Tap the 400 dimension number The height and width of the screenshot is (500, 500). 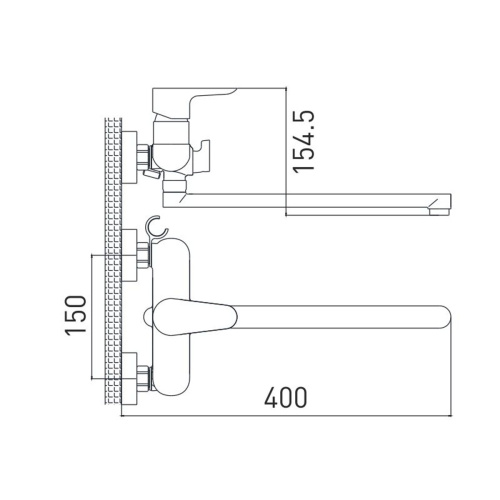(x=286, y=398)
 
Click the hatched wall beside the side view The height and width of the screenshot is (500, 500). (x=112, y=160)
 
